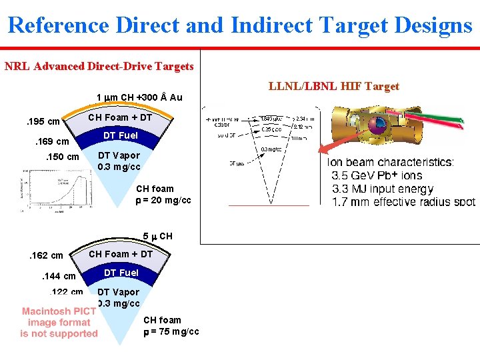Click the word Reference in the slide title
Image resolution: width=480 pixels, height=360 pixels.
pyautogui.click(x=59, y=25)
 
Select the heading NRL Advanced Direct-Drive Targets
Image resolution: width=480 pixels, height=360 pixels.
pyautogui.click(x=99, y=66)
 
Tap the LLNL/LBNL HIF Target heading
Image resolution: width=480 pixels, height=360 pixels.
pyautogui.click(x=333, y=86)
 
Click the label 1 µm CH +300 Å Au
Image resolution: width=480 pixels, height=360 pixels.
pyautogui.click(x=139, y=97)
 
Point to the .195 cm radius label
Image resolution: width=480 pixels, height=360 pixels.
pyautogui.click(x=42, y=121)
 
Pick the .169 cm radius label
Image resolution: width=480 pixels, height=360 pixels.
pyautogui.click(x=51, y=141)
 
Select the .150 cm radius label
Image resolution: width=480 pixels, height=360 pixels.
pyautogui.click(x=61, y=157)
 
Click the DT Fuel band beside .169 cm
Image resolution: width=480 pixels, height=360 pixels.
pyautogui.click(x=121, y=136)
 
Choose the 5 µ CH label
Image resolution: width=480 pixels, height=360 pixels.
pyautogui.click(x=157, y=237)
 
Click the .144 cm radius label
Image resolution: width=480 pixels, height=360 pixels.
pyautogui.click(x=58, y=276)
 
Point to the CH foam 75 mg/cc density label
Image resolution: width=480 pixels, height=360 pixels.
pyautogui.click(x=171, y=326)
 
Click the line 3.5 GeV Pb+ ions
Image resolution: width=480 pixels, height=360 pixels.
pyautogui.click(x=377, y=176)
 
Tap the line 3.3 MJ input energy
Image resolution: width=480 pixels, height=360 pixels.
pyautogui.click(x=383, y=189)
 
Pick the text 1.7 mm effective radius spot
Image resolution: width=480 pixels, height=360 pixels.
pyautogui.click(x=404, y=202)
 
